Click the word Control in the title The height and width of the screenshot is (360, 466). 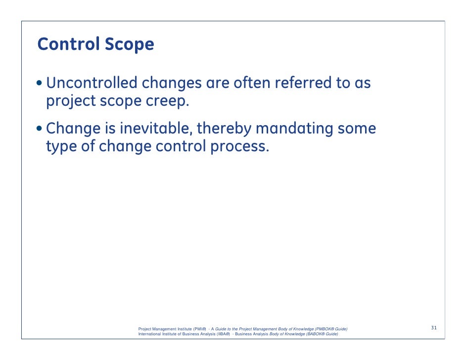click(68, 45)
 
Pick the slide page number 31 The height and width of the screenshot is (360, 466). click(434, 328)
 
